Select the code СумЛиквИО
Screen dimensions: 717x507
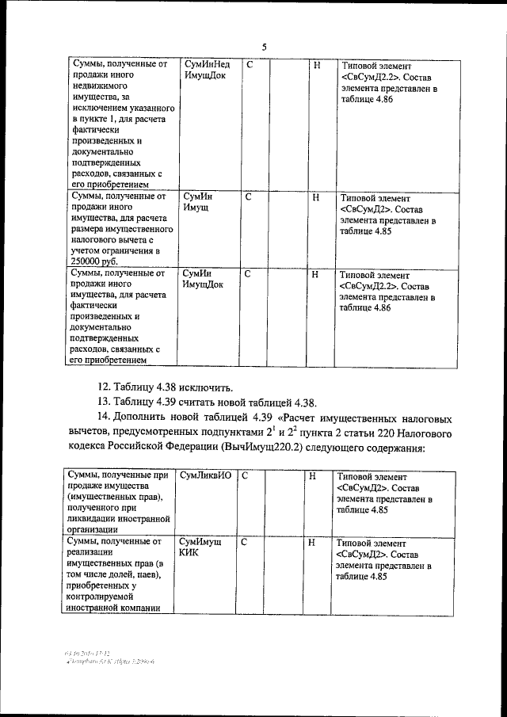(x=205, y=476)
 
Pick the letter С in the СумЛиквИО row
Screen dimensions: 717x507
(x=245, y=476)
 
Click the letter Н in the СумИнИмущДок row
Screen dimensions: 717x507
(x=315, y=274)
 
